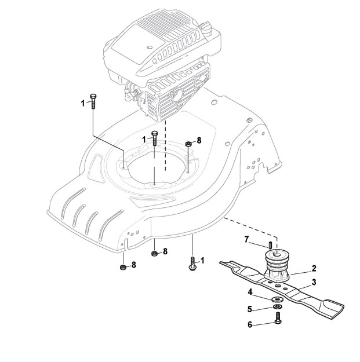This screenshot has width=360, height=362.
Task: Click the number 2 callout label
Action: pyautogui.click(x=314, y=268)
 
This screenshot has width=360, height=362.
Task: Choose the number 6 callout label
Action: pyautogui.click(x=250, y=325)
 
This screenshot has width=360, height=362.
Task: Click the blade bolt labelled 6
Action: pyautogui.click(x=278, y=318)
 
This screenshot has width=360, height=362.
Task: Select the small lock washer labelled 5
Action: pyautogui.click(x=277, y=306)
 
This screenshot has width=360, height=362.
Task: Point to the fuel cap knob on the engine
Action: pyautogui.click(x=205, y=27)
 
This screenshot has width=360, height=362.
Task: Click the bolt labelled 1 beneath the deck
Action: pyautogui.click(x=192, y=264)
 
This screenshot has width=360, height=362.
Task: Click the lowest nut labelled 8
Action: pyautogui.click(x=122, y=266)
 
